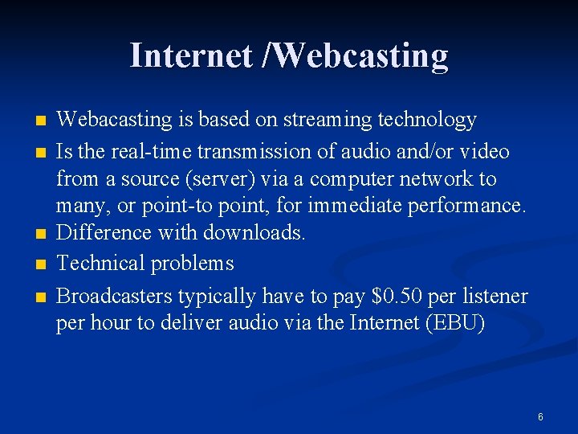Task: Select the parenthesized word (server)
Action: pos(218,178)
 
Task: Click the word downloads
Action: pos(255,232)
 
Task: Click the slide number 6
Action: pos(540,417)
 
